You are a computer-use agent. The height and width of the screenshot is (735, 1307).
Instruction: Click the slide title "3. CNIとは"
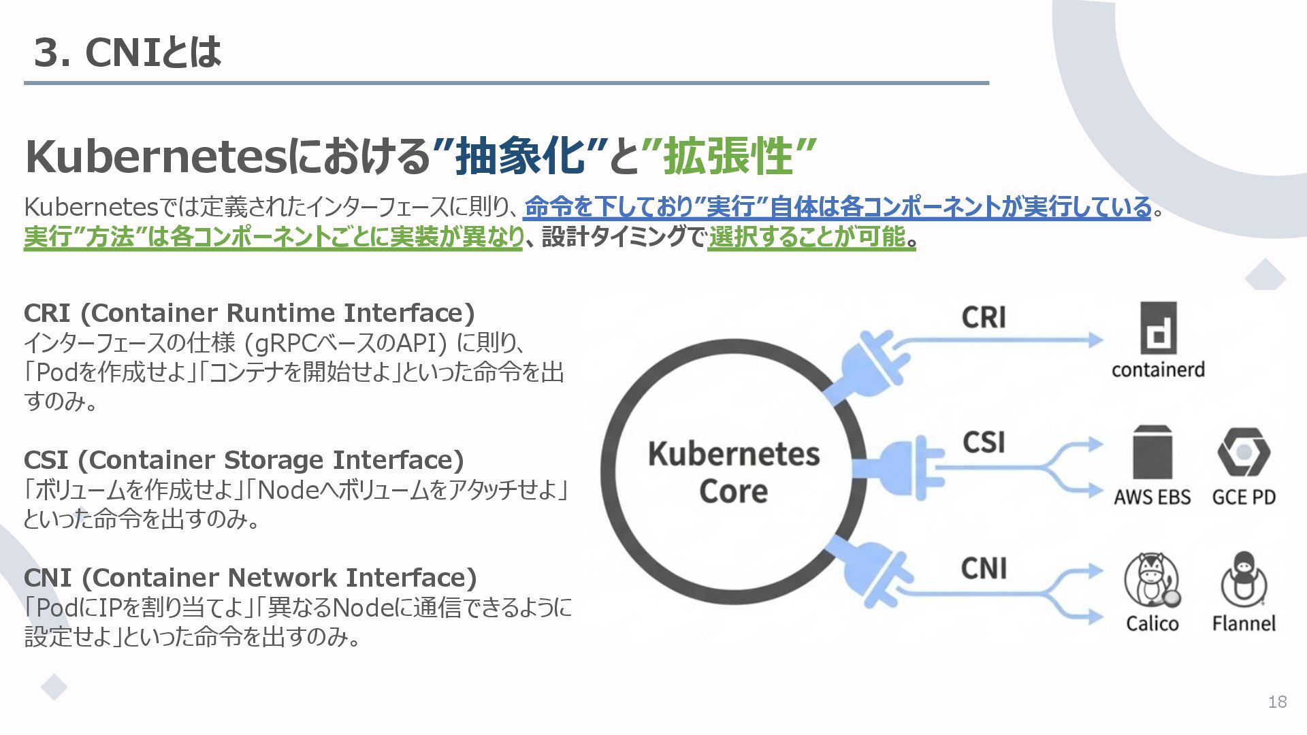(127, 52)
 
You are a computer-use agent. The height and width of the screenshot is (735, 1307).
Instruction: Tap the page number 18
(1277, 702)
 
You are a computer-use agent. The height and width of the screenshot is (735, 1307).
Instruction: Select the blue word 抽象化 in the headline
(521, 156)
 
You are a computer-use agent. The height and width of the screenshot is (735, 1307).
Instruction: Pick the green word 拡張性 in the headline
(728, 156)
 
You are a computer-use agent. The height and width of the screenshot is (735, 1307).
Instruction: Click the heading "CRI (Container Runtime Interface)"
(249, 313)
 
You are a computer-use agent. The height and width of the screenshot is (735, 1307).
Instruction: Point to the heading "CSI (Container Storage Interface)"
(244, 460)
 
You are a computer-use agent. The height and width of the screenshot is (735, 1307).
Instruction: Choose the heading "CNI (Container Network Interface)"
(250, 578)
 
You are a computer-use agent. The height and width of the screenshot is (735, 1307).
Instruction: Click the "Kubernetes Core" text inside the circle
(733, 472)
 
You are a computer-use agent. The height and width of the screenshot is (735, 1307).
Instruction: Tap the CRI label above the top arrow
(984, 317)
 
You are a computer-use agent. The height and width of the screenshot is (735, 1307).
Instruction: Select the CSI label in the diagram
(984, 442)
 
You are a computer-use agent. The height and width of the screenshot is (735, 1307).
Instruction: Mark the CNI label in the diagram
(984, 568)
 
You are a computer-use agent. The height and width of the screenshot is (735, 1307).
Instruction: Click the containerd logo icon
(1158, 328)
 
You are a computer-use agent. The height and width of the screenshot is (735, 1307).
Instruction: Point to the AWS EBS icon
(1152, 453)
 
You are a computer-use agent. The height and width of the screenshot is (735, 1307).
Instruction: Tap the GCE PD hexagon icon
(1243, 452)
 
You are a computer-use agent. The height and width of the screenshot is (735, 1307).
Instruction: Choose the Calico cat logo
(1152, 580)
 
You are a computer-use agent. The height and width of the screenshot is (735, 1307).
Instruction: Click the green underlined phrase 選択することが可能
(807, 238)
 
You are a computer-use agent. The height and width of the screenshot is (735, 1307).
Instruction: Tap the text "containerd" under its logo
(1158, 370)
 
